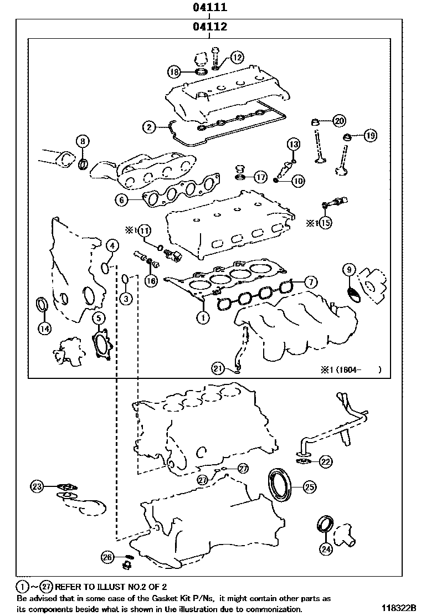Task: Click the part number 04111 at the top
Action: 210,8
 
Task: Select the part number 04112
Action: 210,26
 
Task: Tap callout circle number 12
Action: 237,57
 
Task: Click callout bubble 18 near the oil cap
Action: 174,71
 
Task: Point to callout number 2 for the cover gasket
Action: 148,127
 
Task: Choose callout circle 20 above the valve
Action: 338,120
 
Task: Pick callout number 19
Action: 370,134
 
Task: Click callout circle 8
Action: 82,141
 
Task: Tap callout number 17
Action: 261,177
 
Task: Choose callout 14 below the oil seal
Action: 44,328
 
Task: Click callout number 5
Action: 98,318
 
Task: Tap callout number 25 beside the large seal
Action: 309,486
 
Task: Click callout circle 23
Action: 37,486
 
